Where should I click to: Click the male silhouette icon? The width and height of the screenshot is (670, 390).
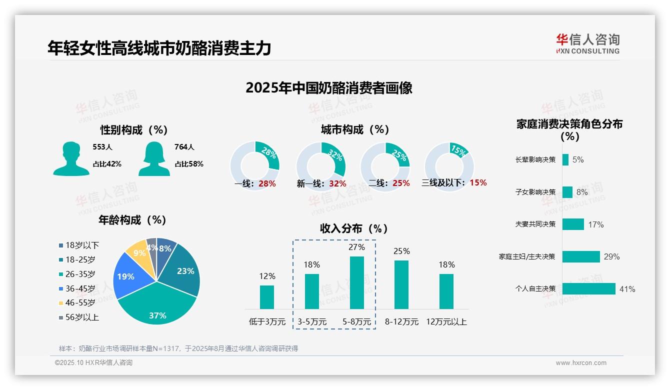pos(71,158)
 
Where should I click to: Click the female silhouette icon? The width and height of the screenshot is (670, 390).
pos(154,158)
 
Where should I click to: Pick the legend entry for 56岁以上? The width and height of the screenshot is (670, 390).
pos(78,317)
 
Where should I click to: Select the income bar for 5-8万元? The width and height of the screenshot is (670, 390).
pos(356,282)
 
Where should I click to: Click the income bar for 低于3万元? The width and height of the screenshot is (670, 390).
pos(267,297)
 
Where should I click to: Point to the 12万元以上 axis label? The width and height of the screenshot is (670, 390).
pos(446,322)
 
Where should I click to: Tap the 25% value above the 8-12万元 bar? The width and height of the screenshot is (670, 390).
pos(401,251)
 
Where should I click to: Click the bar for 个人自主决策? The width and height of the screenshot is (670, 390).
pos(588,289)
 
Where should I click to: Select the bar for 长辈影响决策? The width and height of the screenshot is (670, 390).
pos(565,159)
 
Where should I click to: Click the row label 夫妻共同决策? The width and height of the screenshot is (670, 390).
pos(535,224)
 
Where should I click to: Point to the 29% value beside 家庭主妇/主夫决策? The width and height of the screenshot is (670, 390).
pos(611,256)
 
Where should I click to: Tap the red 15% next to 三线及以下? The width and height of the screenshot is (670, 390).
pos(478,182)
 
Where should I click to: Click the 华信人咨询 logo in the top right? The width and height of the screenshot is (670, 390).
pos(587,43)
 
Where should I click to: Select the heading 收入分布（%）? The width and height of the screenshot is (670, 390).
pos(354,228)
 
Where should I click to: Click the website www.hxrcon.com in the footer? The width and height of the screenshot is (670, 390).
pos(580,363)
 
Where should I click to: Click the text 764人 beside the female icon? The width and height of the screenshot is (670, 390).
pos(184,147)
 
